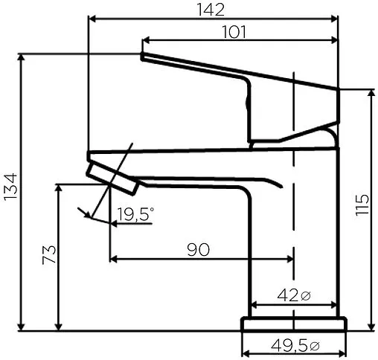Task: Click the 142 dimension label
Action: click(211, 10)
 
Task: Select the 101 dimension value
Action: click(234, 32)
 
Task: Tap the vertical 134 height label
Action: click(10, 187)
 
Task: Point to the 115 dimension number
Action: click(362, 205)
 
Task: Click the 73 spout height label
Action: click(49, 254)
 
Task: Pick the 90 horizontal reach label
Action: click(198, 249)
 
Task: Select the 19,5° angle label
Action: click(135, 214)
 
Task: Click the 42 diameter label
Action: click(287, 295)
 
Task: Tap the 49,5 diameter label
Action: click(289, 345)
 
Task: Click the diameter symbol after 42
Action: click(305, 296)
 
